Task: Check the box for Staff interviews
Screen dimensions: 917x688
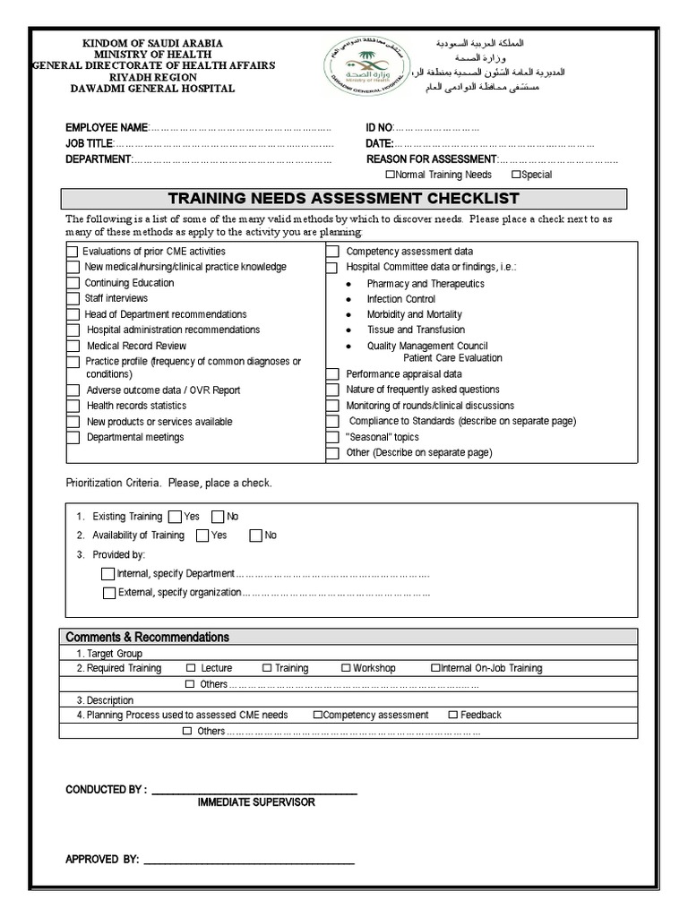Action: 73,299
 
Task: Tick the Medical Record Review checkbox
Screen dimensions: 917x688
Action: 73,347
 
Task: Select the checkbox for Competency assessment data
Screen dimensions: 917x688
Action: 331,253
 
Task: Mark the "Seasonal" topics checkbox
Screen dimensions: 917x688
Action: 331,438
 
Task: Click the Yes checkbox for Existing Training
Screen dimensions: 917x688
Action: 174,517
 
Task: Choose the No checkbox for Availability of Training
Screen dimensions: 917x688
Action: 255,536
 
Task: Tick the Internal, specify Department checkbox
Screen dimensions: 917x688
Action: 108,574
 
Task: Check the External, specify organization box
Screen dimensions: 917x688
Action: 108,593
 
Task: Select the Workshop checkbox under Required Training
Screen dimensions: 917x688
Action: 346,668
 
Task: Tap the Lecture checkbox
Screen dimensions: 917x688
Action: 191,668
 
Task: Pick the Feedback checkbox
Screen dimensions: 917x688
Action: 452,715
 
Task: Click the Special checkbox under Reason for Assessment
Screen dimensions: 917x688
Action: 515,175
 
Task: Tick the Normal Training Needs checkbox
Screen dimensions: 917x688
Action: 389,175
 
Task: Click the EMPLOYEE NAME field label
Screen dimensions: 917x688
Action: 106,128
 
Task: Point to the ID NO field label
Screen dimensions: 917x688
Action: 379,128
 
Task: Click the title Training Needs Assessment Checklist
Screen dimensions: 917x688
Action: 344,199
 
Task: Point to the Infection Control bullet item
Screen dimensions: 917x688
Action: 400,299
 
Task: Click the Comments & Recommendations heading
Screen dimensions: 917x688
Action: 148,637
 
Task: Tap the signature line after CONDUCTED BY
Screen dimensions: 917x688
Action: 254,792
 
